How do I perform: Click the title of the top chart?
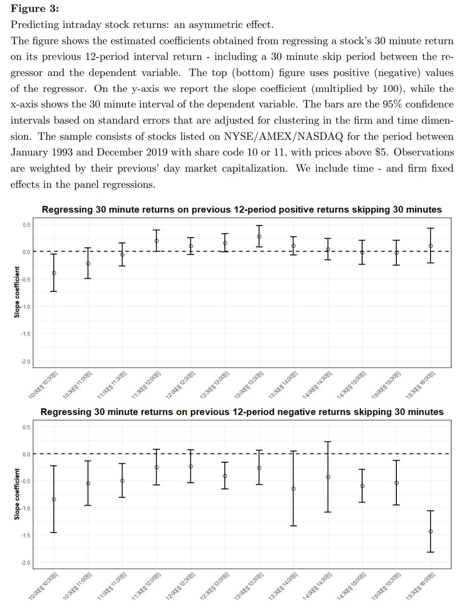(242, 210)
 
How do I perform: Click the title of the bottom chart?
(242, 411)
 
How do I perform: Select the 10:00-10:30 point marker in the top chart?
(54, 273)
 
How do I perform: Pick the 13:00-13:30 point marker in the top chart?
(259, 236)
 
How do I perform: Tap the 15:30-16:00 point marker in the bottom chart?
(431, 532)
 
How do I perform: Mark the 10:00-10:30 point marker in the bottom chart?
(54, 499)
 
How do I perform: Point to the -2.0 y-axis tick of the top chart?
(26, 362)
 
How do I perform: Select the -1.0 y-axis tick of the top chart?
(26, 307)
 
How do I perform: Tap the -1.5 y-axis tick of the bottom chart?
(26, 535)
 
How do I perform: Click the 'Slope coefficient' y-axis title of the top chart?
(17, 293)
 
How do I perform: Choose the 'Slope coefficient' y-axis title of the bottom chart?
(17, 495)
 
